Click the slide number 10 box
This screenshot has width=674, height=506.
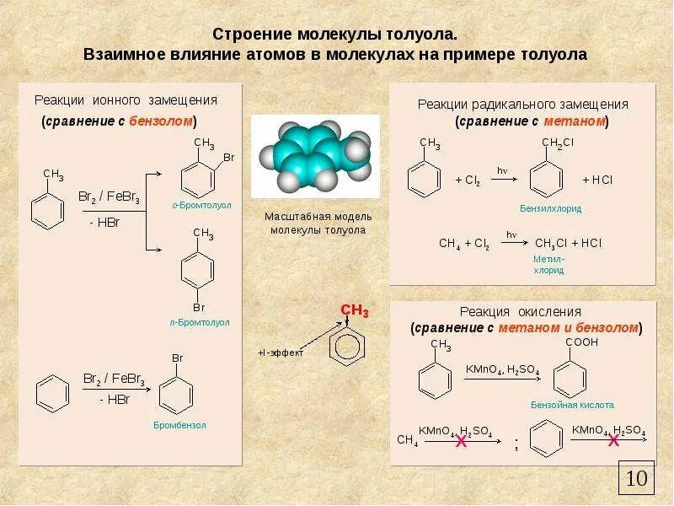[636, 478]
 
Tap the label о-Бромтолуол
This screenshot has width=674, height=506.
[201, 205]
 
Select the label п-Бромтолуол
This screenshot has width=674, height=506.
[200, 322]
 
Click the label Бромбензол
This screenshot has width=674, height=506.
[179, 425]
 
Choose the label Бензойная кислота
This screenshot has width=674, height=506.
[572, 405]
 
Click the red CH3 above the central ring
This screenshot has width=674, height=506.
[355, 311]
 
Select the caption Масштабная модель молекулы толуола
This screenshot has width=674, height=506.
[318, 223]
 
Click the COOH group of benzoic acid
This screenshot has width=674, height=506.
[581, 342]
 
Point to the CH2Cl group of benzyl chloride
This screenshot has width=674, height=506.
[557, 143]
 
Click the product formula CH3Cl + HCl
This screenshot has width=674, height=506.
[568, 243]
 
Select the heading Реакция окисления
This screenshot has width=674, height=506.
[521, 311]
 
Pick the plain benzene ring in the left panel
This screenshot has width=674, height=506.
[52, 393]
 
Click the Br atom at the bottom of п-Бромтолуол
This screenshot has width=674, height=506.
[200, 307]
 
